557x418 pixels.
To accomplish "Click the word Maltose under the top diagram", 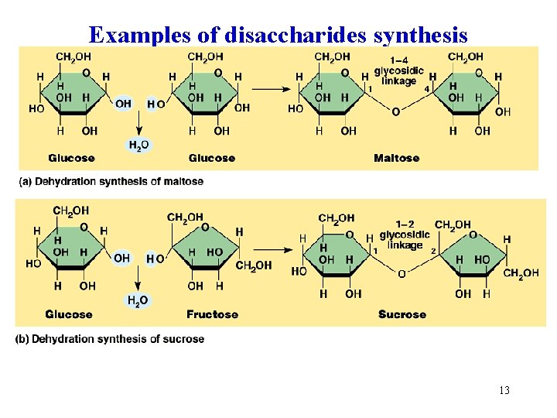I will pyautogui.click(x=396, y=158).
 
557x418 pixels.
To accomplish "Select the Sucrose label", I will pyautogui.click(x=402, y=314).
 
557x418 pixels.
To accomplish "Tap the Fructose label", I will pyautogui.click(x=212, y=314).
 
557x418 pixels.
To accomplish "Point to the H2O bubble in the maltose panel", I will pyautogui.click(x=139, y=145).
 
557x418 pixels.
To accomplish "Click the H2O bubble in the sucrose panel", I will pyautogui.click(x=137, y=300).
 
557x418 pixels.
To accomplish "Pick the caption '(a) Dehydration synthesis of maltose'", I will pyautogui.click(x=111, y=181).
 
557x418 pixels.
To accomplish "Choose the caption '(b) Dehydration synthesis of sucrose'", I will pyautogui.click(x=110, y=339).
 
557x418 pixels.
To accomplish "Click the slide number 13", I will pyautogui.click(x=504, y=390).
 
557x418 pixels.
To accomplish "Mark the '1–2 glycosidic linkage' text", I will pyautogui.click(x=405, y=235).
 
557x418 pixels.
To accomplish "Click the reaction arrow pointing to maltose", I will pyautogui.click(x=272, y=88).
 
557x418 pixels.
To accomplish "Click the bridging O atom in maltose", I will pyautogui.click(x=396, y=112).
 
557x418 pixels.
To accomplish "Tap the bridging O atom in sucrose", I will pyautogui.click(x=402, y=274).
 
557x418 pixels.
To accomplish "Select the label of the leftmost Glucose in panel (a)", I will pyautogui.click(x=71, y=158).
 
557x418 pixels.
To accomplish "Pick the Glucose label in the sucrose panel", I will pyautogui.click(x=68, y=314).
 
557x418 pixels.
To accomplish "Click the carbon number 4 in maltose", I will pyautogui.click(x=426, y=89).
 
